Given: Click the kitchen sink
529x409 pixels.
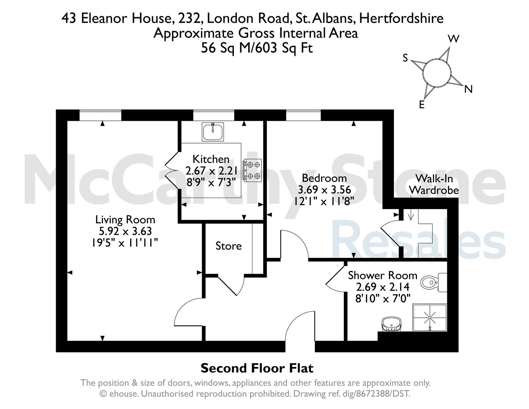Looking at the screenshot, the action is coord(213,132).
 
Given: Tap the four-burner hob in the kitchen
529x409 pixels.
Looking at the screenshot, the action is coord(252,170).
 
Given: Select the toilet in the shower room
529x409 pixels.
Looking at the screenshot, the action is coord(434,283).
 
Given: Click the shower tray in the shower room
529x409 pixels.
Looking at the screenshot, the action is coord(430,318).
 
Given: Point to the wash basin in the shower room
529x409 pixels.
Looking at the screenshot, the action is coord(392,324).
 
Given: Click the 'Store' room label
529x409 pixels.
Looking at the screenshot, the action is coord(228,246).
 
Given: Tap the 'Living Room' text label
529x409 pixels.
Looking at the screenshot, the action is coord(125,220).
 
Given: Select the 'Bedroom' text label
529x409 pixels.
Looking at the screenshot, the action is coord(324,178).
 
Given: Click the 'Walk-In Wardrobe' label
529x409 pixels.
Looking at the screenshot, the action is coord(434,184).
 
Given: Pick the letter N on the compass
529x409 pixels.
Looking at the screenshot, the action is coord(468,89).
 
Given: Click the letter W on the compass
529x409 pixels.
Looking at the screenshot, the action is coord(454,39).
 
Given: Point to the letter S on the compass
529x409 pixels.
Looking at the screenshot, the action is coord(405,58).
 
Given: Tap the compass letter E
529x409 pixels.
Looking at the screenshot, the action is coord(422,105).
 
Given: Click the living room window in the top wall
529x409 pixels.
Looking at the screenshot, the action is coord(100,115).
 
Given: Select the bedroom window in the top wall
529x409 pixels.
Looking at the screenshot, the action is coord(303,115).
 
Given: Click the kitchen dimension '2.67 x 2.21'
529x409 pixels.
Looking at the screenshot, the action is coord(211,171).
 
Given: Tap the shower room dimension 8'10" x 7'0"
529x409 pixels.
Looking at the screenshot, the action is coord(383,298).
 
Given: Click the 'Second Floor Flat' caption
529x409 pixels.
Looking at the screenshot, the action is coord(257,368).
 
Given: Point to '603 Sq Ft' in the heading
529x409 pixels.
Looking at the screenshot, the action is coord(284,48).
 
